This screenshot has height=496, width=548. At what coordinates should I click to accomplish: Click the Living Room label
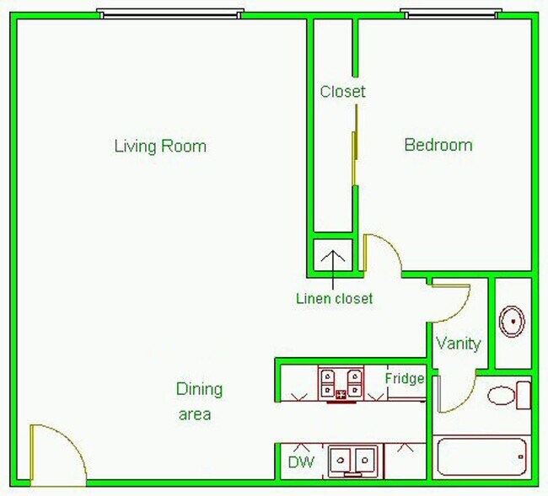point(160,146)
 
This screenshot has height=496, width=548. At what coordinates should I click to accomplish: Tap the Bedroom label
point(438,145)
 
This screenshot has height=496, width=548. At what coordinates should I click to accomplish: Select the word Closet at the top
point(343,92)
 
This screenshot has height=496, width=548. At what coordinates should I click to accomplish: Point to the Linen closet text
point(334,298)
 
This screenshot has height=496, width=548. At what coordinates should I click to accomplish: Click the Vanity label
point(459,344)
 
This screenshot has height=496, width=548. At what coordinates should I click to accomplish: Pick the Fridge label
point(405,378)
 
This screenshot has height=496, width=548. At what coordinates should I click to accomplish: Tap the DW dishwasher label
point(301,461)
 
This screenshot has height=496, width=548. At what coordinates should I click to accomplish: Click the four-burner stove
point(341,383)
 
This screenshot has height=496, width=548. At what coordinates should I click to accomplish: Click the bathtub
point(481,460)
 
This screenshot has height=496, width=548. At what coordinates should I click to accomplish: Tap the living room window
point(170,13)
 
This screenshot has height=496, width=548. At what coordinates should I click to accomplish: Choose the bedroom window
point(450,13)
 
